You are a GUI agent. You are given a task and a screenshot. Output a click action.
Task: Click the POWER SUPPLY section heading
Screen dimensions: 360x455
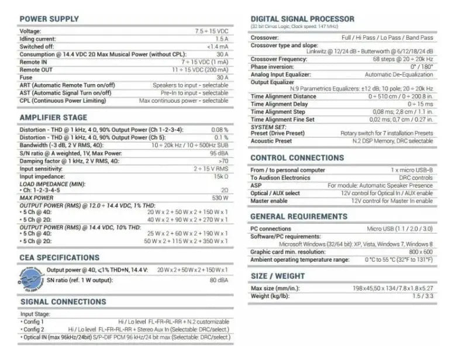49,19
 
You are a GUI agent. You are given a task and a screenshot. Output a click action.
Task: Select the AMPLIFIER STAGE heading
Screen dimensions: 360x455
53,117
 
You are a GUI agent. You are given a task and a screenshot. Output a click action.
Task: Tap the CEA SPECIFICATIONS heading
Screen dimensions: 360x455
60,257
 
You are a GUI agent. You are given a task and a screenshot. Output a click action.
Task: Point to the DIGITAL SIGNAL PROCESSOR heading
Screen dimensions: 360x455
302,19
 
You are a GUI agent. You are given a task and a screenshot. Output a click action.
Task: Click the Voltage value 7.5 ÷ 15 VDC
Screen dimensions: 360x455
211,30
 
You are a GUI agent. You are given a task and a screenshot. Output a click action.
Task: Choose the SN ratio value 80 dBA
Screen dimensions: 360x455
219,280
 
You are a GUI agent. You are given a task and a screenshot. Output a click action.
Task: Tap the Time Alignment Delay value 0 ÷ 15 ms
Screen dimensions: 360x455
420,104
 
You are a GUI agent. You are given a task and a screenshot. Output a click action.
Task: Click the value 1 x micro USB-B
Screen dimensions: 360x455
412,169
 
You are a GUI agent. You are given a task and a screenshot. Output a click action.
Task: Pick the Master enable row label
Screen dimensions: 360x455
269,201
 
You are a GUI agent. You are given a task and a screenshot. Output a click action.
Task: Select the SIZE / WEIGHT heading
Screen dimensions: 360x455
277,276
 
